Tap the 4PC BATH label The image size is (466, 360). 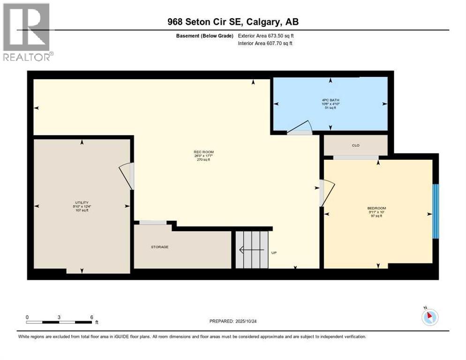click(x=330, y=99)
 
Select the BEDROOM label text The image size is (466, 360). click(x=376, y=208)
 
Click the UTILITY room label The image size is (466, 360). click(x=82, y=202)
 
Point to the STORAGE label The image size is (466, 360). click(x=159, y=247)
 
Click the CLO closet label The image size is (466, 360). click(x=355, y=145)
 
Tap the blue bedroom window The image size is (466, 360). click(x=436, y=211)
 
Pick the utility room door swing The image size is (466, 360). click(x=127, y=175)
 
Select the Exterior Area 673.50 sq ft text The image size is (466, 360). click(x=266, y=36)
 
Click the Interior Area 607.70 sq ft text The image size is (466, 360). click(x=265, y=44)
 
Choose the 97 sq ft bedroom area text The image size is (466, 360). click(x=376, y=216)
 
